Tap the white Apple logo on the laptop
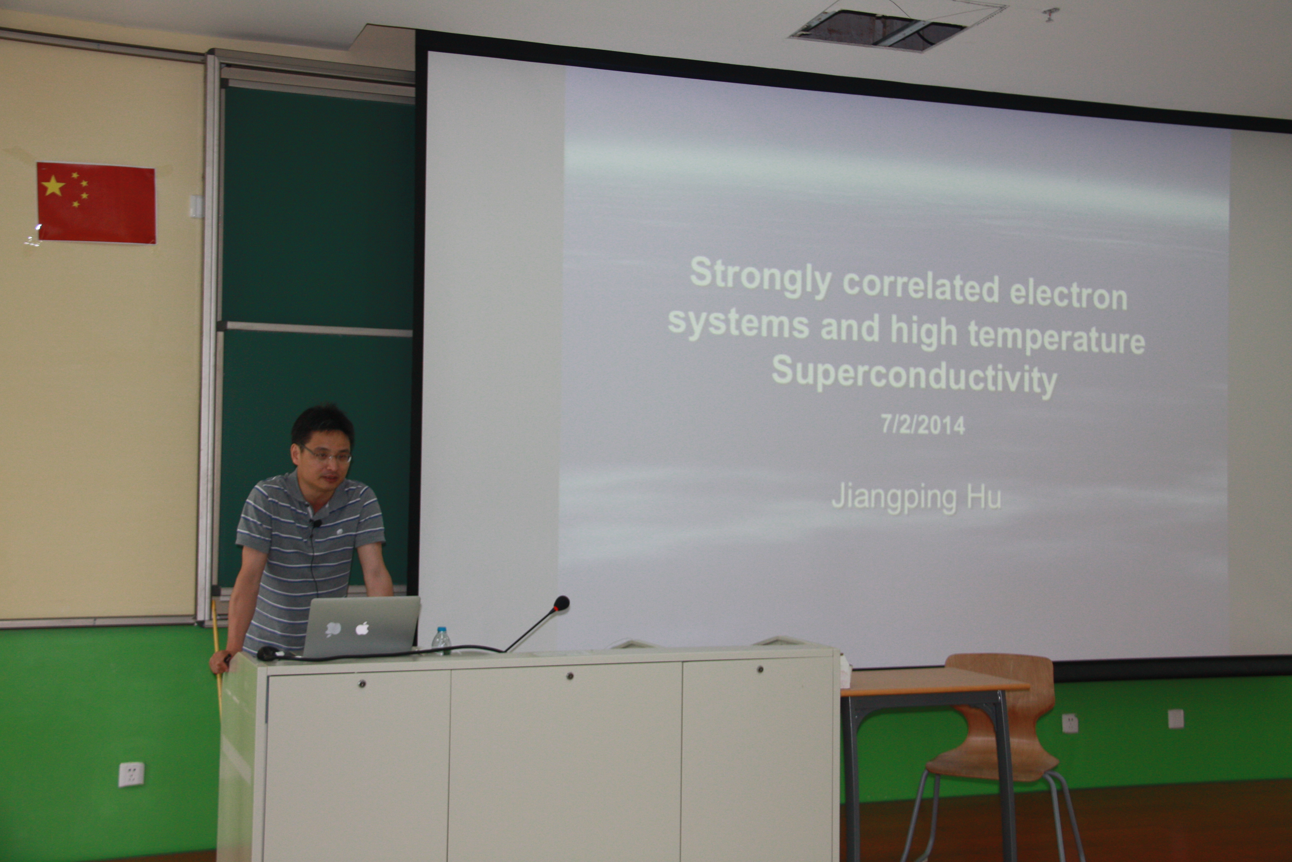click(362, 628)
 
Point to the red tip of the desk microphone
click(561, 603)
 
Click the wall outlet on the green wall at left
click(131, 774)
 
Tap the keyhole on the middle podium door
click(570, 676)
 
